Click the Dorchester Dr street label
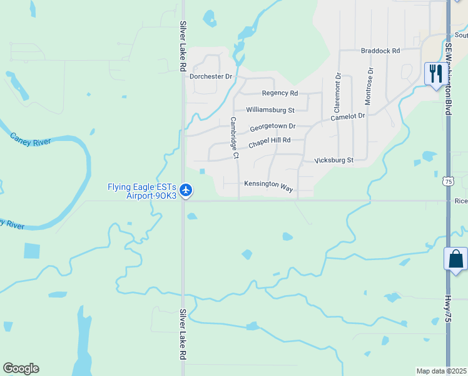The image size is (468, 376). pyautogui.click(x=211, y=76)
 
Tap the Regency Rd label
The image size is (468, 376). pyautogui.click(x=280, y=93)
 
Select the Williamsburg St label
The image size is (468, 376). pyautogui.click(x=270, y=110)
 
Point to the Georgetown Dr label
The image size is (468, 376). pyautogui.click(x=272, y=127)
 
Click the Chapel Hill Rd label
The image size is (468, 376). pyautogui.click(x=270, y=143)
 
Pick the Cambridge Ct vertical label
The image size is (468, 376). pyautogui.click(x=233, y=137)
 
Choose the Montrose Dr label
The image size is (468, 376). pyautogui.click(x=369, y=86)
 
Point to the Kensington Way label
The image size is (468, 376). pyautogui.click(x=268, y=187)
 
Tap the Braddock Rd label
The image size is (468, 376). pyautogui.click(x=380, y=51)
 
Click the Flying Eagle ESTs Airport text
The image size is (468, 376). pyautogui.click(x=142, y=191)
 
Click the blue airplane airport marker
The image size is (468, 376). pyautogui.click(x=186, y=190)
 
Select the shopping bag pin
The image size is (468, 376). pyautogui.click(x=455, y=259)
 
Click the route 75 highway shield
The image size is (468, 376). pyautogui.click(x=447, y=181)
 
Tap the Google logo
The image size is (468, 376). pyautogui.click(x=21, y=368)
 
